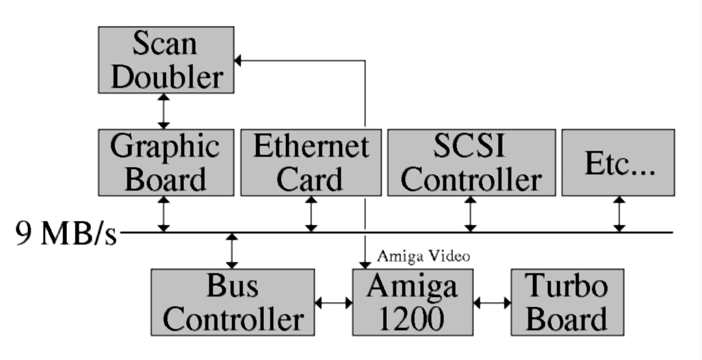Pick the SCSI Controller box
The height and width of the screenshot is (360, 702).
tap(471, 162)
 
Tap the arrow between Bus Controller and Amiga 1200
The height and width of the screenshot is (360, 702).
tap(333, 303)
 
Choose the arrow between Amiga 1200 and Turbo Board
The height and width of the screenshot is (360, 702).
tap(492, 303)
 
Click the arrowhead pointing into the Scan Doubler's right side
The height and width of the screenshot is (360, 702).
tap(238, 60)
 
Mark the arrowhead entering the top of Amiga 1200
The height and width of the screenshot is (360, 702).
tap(365, 263)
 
